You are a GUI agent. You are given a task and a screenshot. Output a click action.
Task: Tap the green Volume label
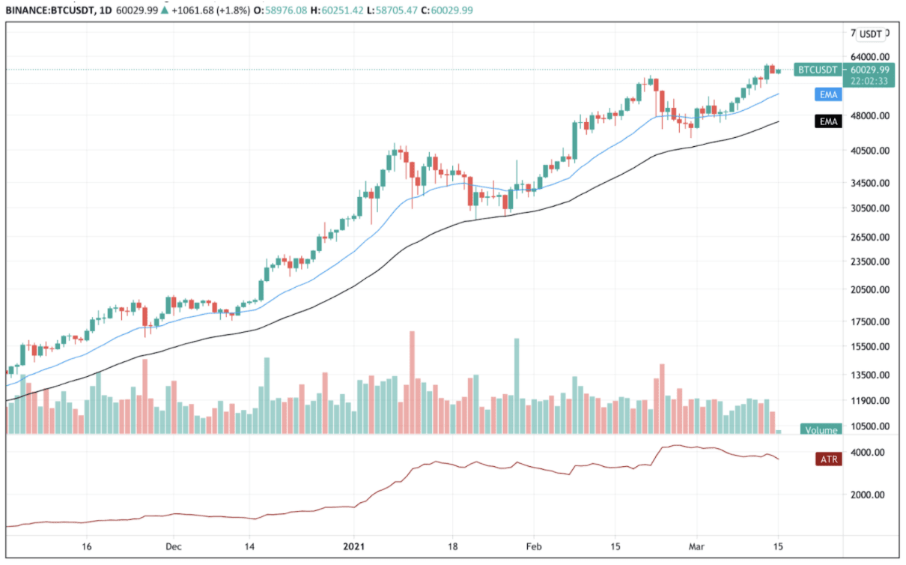(x=821, y=430)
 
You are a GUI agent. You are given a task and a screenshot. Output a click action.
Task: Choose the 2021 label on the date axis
(x=355, y=546)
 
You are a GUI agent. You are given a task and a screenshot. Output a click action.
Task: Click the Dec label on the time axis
(x=173, y=546)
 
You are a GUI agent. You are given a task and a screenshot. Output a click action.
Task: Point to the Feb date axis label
(x=533, y=546)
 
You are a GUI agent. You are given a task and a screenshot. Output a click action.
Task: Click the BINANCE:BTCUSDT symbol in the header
(x=49, y=11)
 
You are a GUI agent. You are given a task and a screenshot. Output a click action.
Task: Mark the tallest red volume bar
(x=412, y=382)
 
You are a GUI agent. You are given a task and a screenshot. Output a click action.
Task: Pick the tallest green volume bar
(x=517, y=386)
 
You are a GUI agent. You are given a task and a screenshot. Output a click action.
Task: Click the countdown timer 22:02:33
(x=869, y=81)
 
